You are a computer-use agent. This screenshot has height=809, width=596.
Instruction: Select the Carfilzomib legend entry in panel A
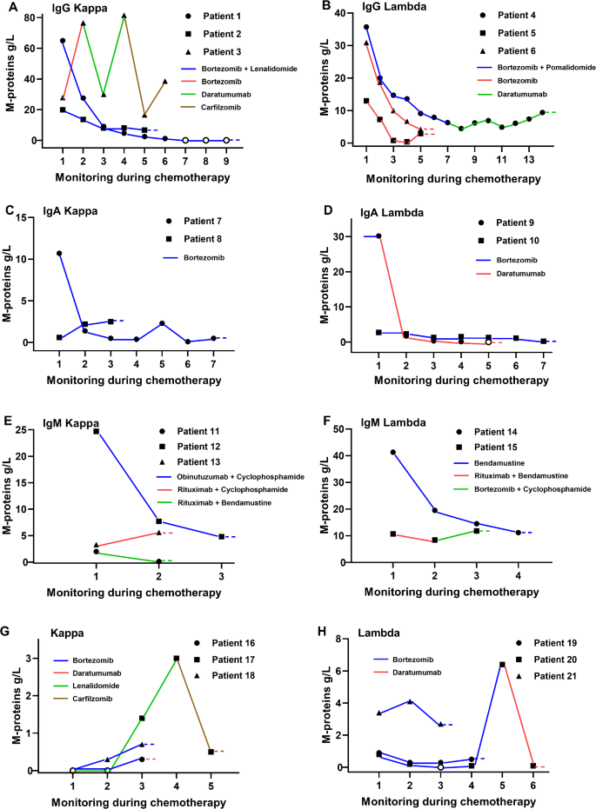pyautogui.click(x=216, y=109)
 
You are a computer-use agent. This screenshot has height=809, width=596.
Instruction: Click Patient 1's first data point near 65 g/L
pyautogui.click(x=63, y=41)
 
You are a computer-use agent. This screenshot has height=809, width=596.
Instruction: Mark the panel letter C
pyautogui.click(x=9, y=210)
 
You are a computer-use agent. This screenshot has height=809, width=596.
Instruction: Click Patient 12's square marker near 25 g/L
pyautogui.click(x=96, y=431)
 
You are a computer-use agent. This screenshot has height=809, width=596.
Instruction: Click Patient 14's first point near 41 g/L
pyautogui.click(x=393, y=452)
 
